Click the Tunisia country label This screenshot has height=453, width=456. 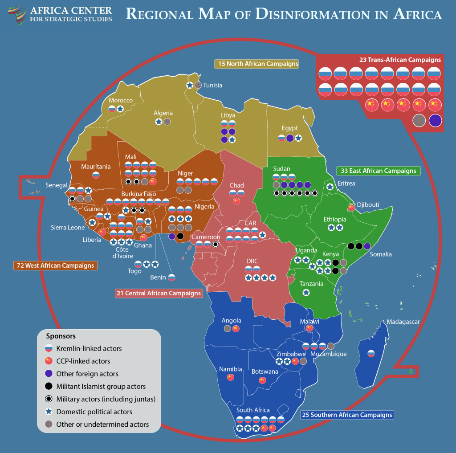(x=212, y=85)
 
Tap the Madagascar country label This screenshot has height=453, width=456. (x=403, y=322)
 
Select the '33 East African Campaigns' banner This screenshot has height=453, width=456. (x=378, y=171)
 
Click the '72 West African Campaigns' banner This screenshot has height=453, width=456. (x=55, y=265)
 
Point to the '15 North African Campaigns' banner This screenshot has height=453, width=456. (x=256, y=64)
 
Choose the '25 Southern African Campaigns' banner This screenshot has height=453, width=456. (x=347, y=415)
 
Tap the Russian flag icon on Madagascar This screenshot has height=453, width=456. (x=371, y=354)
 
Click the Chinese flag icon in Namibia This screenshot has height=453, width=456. (x=230, y=377)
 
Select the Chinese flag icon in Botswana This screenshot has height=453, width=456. (x=262, y=380)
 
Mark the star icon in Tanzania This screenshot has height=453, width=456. (x=306, y=293)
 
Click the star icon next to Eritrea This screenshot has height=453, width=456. (x=330, y=187)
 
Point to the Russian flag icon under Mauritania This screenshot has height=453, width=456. (x=96, y=175)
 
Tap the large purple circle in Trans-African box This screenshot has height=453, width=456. (x=435, y=120)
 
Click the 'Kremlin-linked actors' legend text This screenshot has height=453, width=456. (x=89, y=348)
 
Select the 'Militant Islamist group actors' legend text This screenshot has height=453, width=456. (x=101, y=386)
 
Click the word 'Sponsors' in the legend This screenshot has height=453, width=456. (x=61, y=336)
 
